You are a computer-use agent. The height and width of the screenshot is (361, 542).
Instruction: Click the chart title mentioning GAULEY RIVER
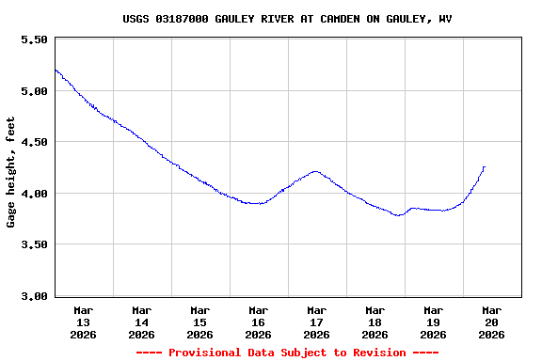[287, 19]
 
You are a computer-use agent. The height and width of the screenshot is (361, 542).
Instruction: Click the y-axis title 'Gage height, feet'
[11, 172]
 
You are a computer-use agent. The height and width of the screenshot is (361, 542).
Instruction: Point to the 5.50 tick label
[33, 40]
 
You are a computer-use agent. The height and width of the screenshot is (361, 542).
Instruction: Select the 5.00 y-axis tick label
[33, 91]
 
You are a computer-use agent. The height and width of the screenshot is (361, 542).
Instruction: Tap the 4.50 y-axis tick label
[33, 143]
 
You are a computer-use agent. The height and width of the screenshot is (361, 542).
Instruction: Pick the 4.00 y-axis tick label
[33, 194]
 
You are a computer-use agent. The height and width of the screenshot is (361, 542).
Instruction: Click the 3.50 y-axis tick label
[33, 244]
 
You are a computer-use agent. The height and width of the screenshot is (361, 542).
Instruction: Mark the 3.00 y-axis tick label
[33, 296]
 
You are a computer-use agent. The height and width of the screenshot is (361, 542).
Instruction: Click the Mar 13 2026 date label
[84, 322]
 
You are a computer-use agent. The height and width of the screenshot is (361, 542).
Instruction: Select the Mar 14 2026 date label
[142, 322]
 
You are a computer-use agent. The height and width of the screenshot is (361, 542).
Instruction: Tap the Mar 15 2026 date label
[200, 322]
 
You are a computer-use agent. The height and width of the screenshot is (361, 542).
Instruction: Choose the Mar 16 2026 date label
[259, 322]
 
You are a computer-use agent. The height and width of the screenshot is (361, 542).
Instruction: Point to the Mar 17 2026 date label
[317, 322]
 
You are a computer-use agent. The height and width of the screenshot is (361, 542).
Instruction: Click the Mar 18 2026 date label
[375, 322]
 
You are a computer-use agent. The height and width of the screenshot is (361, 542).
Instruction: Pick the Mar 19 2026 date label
[434, 322]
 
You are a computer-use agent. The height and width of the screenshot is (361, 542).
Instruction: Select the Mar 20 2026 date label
[492, 322]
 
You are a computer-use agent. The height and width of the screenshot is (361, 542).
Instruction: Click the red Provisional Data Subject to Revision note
[287, 353]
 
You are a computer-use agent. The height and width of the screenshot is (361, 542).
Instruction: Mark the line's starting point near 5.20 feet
[56, 70]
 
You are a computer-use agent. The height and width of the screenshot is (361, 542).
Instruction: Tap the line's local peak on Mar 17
[315, 171]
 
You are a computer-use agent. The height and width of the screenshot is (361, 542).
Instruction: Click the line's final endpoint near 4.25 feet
[484, 167]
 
